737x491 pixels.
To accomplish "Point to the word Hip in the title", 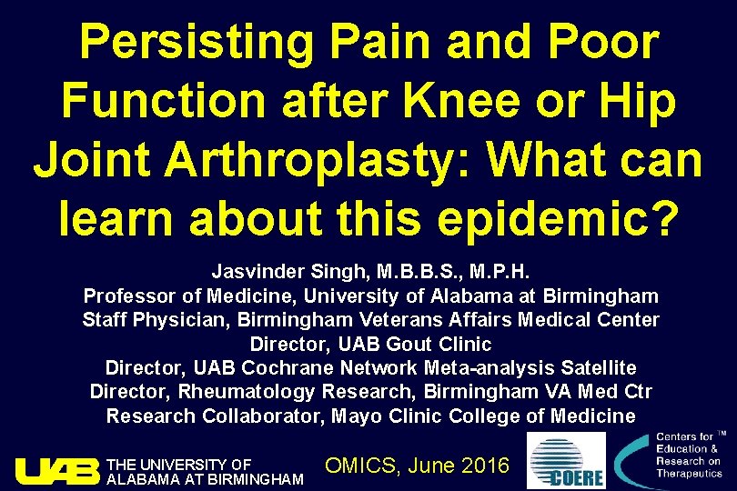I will point(641,104).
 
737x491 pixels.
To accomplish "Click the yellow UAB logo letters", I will point(56,471).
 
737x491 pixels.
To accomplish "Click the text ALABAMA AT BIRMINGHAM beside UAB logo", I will point(206,479).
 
